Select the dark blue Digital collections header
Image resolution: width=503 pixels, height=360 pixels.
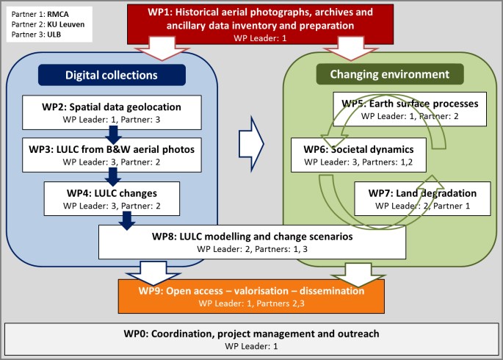(112, 75)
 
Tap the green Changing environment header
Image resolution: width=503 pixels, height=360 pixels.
(390, 74)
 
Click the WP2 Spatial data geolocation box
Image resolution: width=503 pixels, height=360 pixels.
(112, 112)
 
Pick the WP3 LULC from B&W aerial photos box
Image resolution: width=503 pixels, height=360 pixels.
(112, 155)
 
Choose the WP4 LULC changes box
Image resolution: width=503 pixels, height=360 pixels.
(112, 198)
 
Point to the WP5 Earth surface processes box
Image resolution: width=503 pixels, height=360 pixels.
(410, 109)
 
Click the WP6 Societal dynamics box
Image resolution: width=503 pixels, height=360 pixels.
(358, 155)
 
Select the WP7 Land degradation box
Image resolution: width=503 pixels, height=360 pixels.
(422, 198)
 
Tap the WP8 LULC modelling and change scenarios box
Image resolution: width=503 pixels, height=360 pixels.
(252, 242)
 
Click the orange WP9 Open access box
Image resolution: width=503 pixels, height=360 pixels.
(251, 296)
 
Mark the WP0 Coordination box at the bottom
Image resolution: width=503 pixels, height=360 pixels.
(251, 339)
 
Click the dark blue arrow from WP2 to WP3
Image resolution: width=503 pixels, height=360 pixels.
(113, 134)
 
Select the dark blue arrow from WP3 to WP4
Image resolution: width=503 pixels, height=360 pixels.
(113, 177)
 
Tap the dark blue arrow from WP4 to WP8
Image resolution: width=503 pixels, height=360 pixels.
(127, 220)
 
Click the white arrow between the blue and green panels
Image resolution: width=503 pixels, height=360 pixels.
(251, 144)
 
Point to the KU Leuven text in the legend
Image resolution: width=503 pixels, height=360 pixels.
(66, 24)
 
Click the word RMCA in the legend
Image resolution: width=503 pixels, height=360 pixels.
(58, 14)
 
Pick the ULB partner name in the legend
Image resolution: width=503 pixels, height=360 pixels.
(54, 35)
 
